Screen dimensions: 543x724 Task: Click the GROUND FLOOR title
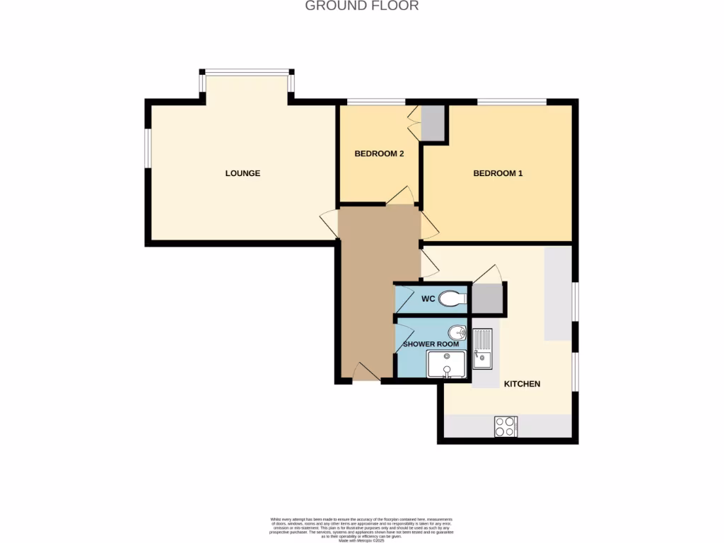[x=361, y=6]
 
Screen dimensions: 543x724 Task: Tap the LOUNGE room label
[x=243, y=173]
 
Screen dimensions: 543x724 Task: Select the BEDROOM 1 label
[x=498, y=173]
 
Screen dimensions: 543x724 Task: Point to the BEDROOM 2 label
[x=379, y=153]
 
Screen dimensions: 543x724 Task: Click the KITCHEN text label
[x=522, y=384]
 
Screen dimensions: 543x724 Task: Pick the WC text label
[x=428, y=299]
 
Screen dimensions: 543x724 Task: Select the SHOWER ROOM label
[x=431, y=344]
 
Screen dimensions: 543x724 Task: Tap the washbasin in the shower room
[x=456, y=332]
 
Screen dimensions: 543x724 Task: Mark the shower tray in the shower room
[x=445, y=365]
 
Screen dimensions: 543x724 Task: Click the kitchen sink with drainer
[x=483, y=349]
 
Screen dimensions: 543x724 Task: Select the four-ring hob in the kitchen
[x=506, y=426]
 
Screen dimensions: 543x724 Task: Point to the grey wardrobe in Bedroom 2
[x=432, y=123]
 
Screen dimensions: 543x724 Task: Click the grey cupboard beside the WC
[x=486, y=298]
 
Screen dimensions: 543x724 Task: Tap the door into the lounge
[x=329, y=223]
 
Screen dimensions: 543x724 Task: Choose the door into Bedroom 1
[x=429, y=225]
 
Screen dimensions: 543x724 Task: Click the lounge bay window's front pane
[x=247, y=71]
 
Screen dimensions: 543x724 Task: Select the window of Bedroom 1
[x=511, y=102]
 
